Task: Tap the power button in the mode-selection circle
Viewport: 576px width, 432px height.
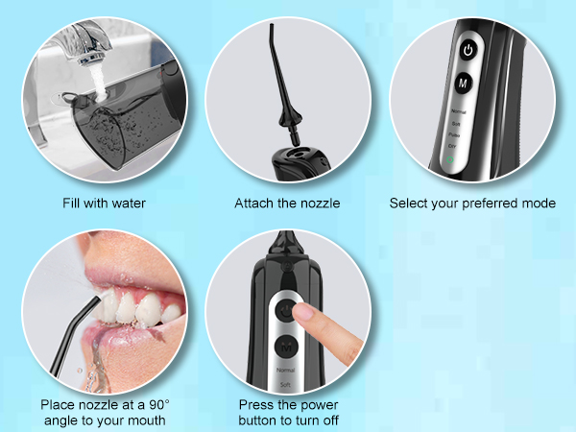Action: (x=468, y=48)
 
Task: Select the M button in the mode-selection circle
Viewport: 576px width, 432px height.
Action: (x=465, y=84)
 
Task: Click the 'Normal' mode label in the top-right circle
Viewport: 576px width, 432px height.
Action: (x=459, y=112)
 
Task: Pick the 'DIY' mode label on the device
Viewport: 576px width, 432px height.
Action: (x=452, y=144)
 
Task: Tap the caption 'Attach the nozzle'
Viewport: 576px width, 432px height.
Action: (x=287, y=204)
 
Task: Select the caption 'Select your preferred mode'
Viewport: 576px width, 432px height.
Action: (x=472, y=204)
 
